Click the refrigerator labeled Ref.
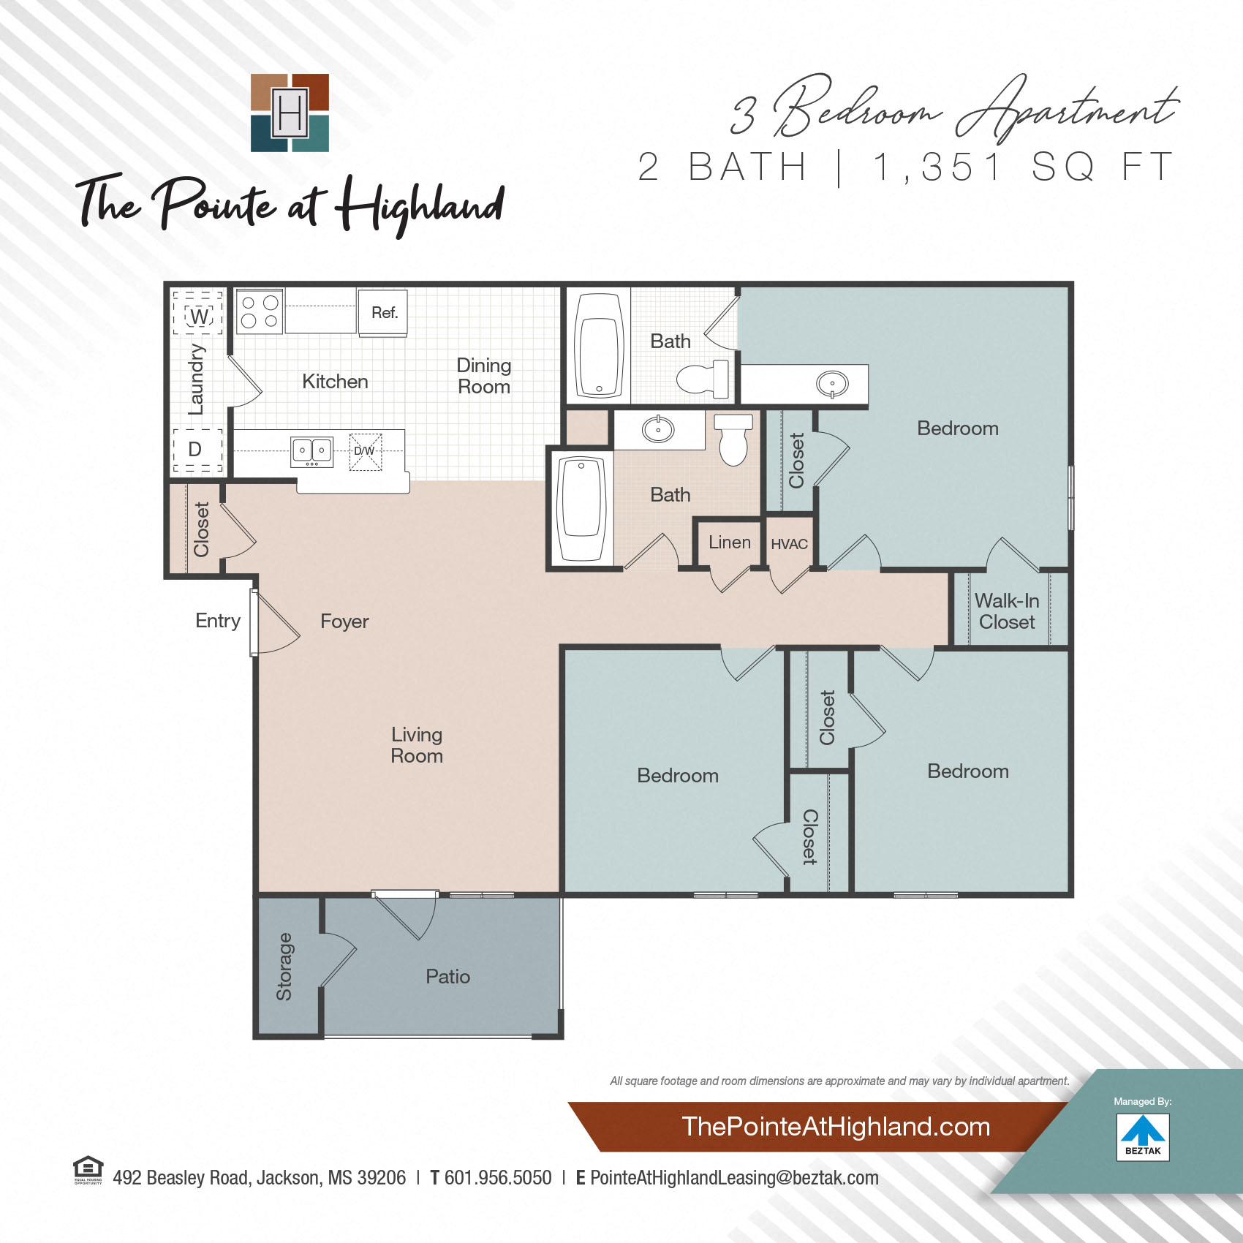click(x=383, y=312)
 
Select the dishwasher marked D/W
click(x=365, y=451)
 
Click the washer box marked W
click(x=198, y=315)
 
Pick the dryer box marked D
click(x=195, y=449)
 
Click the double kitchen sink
click(x=312, y=450)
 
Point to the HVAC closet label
click(x=789, y=544)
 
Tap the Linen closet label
click(x=729, y=543)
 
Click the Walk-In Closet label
click(x=1007, y=611)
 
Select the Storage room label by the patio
click(x=284, y=967)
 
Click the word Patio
click(x=447, y=976)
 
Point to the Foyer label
click(x=344, y=621)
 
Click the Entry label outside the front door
click(x=218, y=621)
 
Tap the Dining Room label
click(x=484, y=376)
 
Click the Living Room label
click(x=417, y=745)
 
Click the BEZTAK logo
click(x=1143, y=1137)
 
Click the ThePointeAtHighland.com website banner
click(x=836, y=1127)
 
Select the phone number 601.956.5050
click(x=498, y=1178)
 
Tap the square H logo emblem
click(x=290, y=113)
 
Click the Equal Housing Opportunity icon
click(x=88, y=1169)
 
